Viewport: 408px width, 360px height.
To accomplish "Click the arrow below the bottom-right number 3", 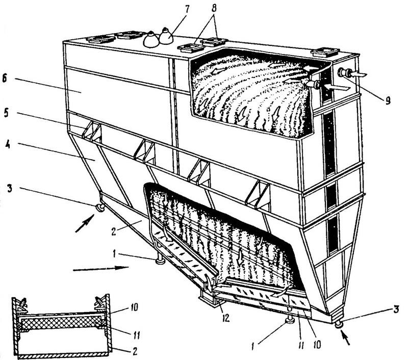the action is click(347, 337).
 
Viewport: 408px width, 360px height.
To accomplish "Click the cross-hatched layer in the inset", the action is click(61, 322).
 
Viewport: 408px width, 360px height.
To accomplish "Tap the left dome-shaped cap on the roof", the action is click(151, 39).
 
